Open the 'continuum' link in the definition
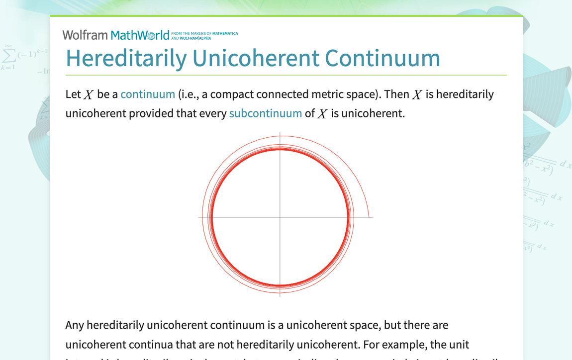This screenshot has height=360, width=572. (148, 94)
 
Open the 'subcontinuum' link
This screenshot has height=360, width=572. (265, 113)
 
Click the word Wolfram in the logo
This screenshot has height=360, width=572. (85, 35)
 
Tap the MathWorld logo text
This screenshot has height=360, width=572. (140, 35)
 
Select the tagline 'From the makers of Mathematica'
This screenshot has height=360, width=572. (204, 33)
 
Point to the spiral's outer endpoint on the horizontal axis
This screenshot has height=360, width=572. (369, 217)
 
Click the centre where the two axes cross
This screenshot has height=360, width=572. (280, 217)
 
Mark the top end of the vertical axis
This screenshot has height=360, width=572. (280, 133)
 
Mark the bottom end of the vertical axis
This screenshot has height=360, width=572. (280, 296)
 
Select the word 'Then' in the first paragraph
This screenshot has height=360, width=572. (396, 94)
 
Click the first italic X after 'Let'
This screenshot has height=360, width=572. (89, 94)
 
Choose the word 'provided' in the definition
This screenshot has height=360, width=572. (151, 113)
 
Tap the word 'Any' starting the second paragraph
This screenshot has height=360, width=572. (75, 325)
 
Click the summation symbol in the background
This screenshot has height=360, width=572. (8, 54)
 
